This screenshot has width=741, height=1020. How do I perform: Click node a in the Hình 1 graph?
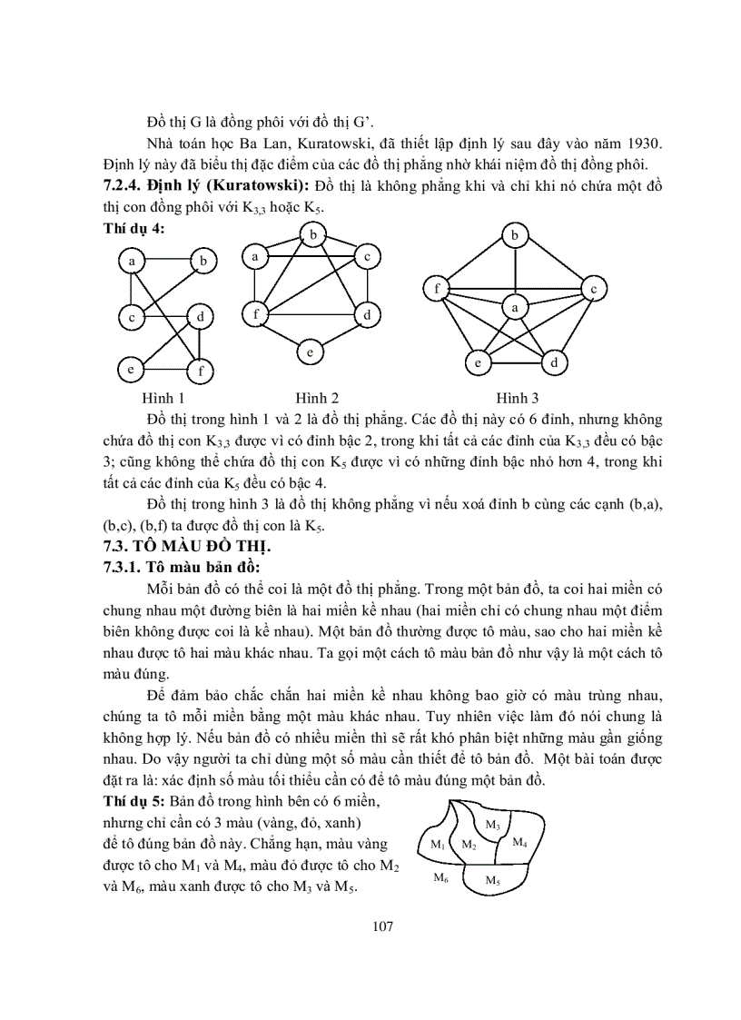(x=133, y=262)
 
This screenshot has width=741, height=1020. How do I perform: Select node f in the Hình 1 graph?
(x=199, y=371)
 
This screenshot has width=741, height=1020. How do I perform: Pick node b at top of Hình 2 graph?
(x=313, y=236)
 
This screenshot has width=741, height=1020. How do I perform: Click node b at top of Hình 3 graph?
(x=516, y=236)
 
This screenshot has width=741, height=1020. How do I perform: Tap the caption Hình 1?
(x=163, y=398)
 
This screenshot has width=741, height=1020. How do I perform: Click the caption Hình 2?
(x=317, y=398)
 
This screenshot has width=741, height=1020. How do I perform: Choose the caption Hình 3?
(x=517, y=398)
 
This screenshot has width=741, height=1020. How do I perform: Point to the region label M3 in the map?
(x=492, y=825)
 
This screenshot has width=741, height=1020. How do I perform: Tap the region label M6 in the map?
(x=440, y=877)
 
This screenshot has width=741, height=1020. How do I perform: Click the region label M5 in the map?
(x=492, y=880)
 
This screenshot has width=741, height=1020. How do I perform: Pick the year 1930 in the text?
(x=644, y=144)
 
